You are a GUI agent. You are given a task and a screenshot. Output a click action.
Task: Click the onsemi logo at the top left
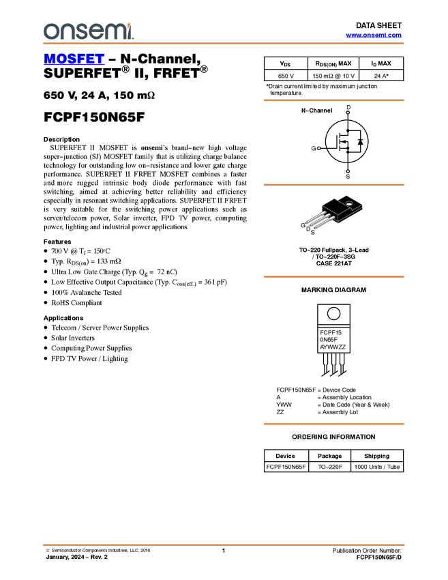[87, 31]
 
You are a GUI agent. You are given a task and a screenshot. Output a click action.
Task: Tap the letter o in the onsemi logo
[48, 32]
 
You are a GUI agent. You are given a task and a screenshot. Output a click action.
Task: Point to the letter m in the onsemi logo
[116, 32]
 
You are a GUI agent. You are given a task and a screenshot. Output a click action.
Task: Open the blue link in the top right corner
[374, 35]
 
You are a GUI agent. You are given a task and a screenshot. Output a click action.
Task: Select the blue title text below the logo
[74, 60]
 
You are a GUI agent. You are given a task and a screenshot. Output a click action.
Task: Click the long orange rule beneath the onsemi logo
[224, 44]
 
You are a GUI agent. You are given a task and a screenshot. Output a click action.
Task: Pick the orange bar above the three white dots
[333, 100]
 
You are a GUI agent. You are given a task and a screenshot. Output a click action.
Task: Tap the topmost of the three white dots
[348, 112]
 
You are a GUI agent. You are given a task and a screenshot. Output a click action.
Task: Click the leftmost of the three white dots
[318, 148]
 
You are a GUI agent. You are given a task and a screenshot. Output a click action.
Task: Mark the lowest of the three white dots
[348, 171]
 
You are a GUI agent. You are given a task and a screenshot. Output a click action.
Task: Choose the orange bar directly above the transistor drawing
[333, 185]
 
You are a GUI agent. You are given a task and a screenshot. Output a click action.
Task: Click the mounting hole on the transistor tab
[348, 203]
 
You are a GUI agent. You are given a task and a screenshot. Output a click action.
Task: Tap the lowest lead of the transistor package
[325, 222]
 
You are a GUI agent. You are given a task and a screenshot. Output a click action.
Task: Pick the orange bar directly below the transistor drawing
[333, 277]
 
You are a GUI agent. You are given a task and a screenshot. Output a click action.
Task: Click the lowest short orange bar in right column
[333, 424]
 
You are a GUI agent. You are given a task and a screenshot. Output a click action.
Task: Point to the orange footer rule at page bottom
[224, 545]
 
